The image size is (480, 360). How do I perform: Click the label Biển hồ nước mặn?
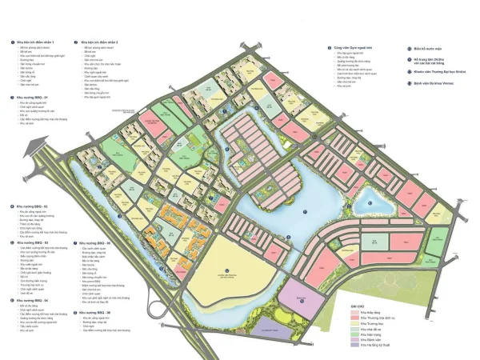pyautogui.click(x=425, y=47)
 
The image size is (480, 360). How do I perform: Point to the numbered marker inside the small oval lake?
pyautogui.click(x=370, y=202)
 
